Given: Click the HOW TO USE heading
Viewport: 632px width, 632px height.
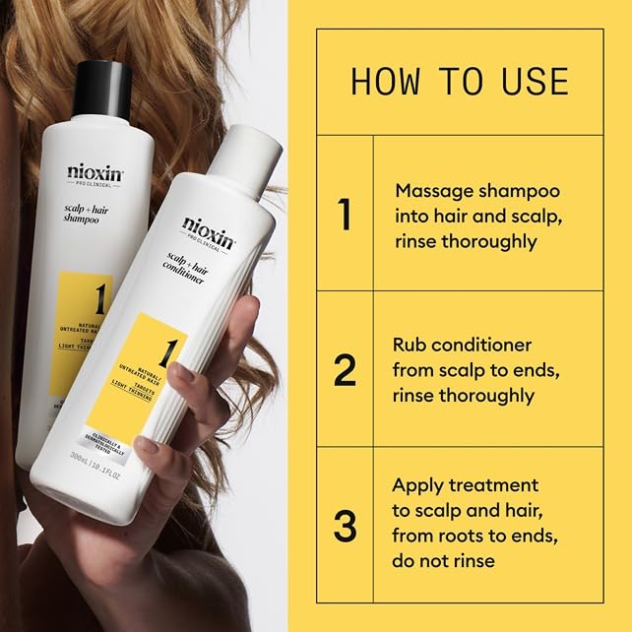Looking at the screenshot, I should [459, 81].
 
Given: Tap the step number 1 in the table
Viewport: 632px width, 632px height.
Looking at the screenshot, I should [345, 215].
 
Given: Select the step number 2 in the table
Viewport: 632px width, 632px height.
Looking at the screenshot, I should [345, 370].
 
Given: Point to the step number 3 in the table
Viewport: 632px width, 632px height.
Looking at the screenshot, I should [345, 526].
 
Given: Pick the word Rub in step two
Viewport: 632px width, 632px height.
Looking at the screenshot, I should [409, 346].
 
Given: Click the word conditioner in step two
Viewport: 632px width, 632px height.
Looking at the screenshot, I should [483, 346].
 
